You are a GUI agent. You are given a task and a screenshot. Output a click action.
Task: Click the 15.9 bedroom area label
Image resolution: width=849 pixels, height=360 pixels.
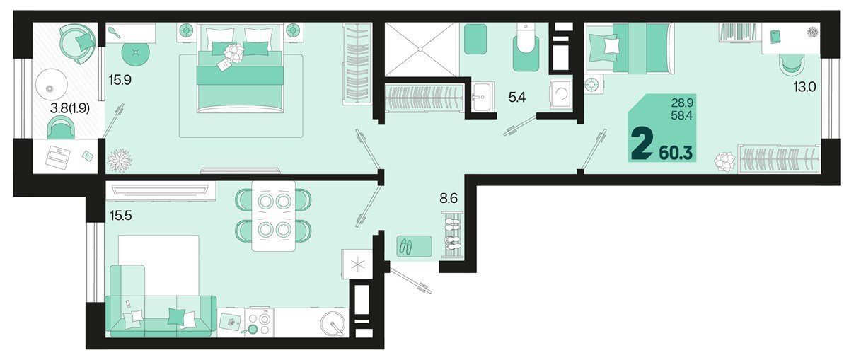coord(120,80)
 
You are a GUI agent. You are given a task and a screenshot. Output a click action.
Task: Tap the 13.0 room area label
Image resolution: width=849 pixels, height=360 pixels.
coord(805,87)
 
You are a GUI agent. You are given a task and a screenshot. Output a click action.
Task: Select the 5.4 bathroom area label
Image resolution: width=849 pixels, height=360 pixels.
coord(517,98)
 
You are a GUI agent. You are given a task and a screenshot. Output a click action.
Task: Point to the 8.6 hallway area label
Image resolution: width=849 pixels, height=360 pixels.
coord(449,198)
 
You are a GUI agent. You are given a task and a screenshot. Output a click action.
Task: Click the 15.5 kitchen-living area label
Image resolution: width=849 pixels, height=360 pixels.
coord(120,216)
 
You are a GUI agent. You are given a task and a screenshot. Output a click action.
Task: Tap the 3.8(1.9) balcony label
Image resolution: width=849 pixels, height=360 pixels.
coord(70,109)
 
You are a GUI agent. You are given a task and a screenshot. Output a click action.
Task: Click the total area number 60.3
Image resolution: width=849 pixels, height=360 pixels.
coord(676,153)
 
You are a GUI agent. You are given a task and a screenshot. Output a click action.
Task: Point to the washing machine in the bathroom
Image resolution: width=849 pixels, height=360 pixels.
coord(561,94)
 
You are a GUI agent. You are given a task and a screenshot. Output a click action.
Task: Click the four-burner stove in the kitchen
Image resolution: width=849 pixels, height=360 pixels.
coord(259,321)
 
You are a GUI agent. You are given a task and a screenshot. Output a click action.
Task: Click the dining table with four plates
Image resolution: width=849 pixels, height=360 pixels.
coord(274,215)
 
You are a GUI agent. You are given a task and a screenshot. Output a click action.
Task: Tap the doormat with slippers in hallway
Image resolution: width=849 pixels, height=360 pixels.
coord(415,246)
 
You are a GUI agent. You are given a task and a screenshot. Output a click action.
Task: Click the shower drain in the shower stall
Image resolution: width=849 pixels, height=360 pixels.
coord(420,49)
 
